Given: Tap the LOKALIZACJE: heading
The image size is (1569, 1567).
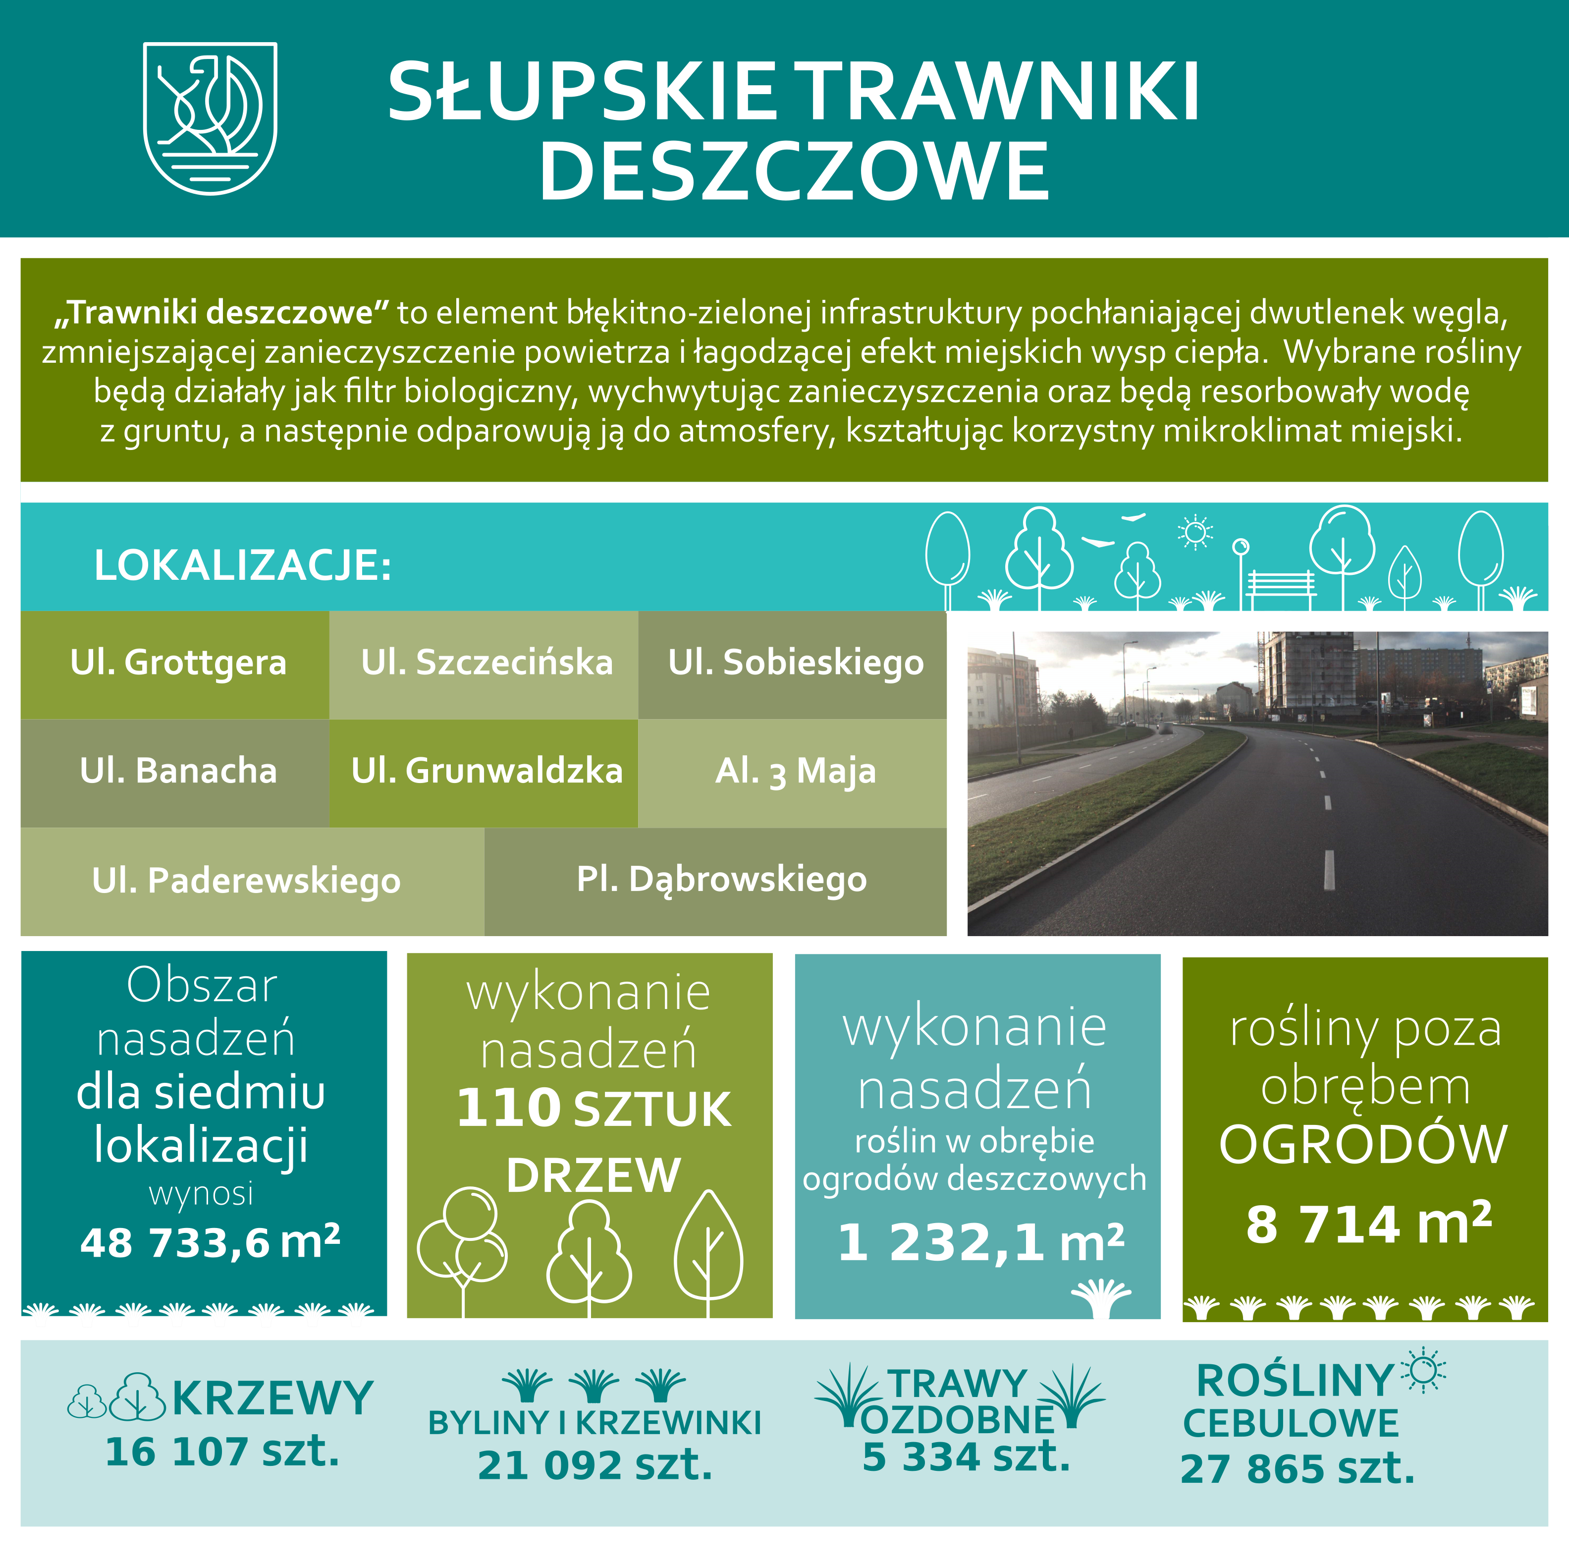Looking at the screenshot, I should (x=242, y=565).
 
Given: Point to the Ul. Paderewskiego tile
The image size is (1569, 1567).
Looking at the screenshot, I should (x=246, y=881).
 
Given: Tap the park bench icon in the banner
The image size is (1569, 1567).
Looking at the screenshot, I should (x=1281, y=586).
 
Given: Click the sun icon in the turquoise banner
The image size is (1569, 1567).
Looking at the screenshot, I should (x=1194, y=533).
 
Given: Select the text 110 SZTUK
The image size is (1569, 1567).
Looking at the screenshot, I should (x=593, y=1109).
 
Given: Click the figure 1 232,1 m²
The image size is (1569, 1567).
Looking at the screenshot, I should (x=980, y=1243).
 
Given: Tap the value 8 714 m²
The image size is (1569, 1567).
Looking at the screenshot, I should (x=1368, y=1224).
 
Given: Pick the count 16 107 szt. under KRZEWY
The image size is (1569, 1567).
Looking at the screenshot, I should (x=222, y=1451).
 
